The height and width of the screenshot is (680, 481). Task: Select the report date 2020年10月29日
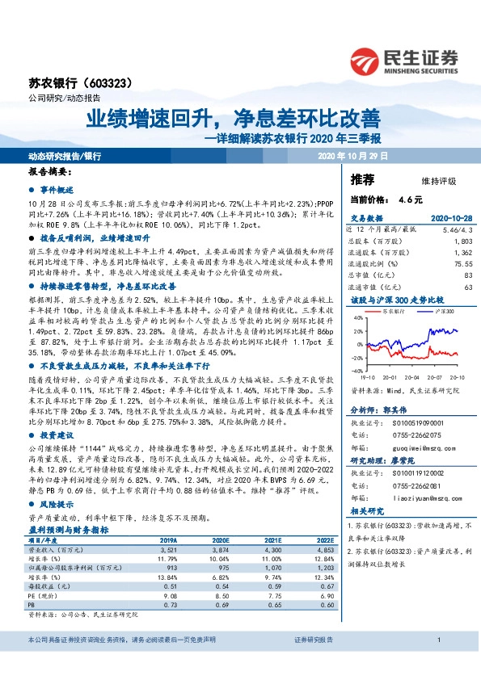pos(353,154)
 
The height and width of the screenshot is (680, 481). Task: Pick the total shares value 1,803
pos(462,241)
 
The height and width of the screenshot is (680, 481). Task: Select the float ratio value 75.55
pos(460,263)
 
